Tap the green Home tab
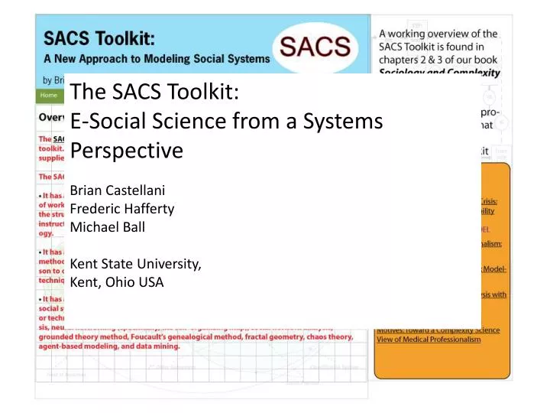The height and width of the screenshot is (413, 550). [x=49, y=95]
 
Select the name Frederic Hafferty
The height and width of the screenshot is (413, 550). [x=121, y=208]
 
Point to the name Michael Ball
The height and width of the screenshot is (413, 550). [x=107, y=226]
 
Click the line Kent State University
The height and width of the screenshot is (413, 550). [x=135, y=264]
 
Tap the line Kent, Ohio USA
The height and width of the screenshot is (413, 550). [x=116, y=281]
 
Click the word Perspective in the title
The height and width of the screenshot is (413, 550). [x=126, y=150]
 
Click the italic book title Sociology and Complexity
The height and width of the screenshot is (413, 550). [x=440, y=73]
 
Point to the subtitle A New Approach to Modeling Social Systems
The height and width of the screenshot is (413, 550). [x=157, y=58]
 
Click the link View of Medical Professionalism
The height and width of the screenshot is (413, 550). [x=428, y=339]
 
